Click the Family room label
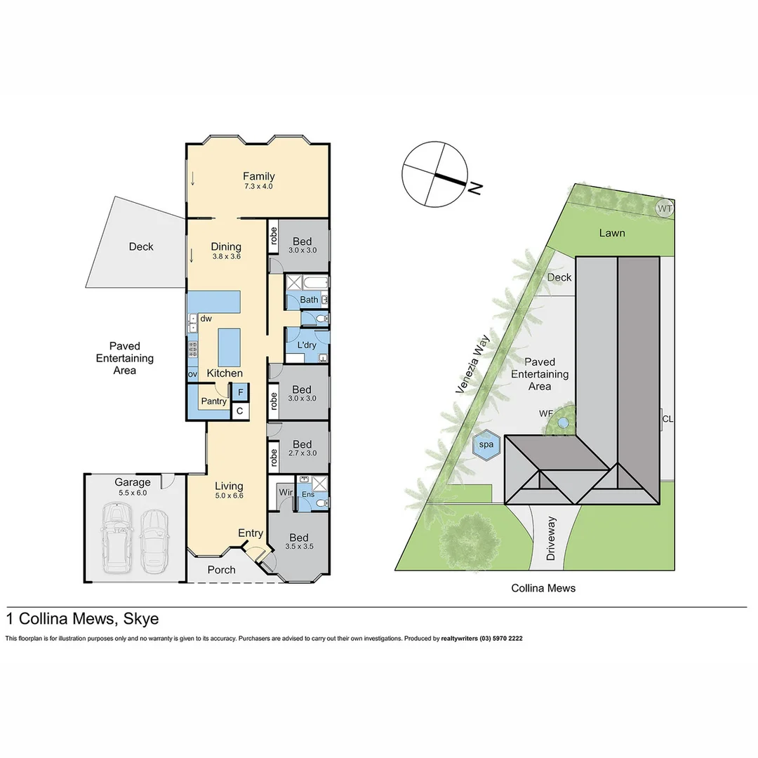coord(258,176)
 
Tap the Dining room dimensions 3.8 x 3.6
coord(226,257)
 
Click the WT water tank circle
coord(665,208)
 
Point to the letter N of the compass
coord(476,187)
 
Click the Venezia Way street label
coord(472,364)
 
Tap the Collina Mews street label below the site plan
coord(543,588)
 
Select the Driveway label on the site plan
coord(552,538)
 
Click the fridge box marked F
coord(240,392)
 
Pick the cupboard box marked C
coord(240,411)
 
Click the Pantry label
coord(214,401)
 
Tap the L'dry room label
coord(306,345)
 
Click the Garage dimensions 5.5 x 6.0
coord(133,493)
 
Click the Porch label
coord(221,569)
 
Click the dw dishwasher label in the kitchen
coord(206,319)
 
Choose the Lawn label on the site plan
coord(612,232)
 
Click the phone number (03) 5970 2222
coord(501,639)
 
